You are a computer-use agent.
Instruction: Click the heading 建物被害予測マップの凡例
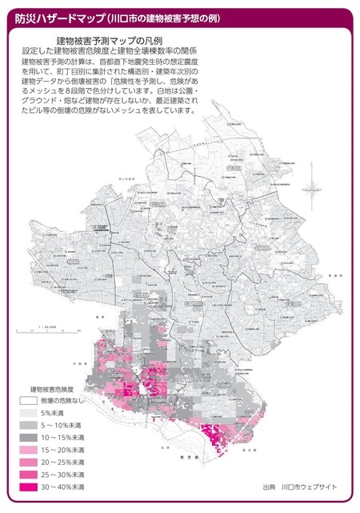point(110,39)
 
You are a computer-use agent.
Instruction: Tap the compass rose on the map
point(313,189)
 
